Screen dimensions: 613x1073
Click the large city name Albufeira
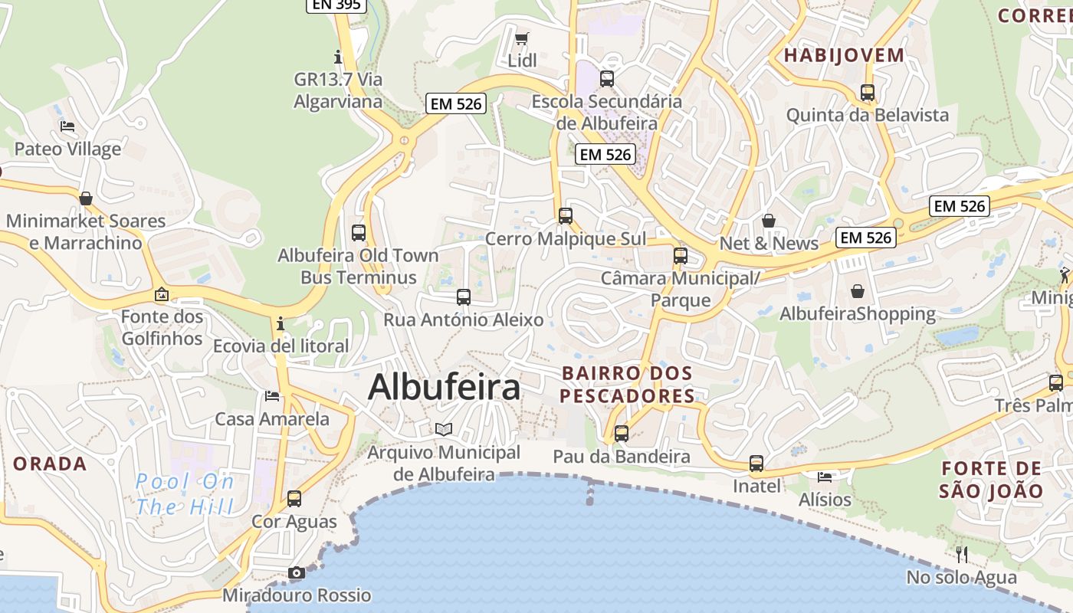point(444,387)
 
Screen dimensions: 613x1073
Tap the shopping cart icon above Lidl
point(522,38)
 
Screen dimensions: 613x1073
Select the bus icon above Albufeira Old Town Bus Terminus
point(358,233)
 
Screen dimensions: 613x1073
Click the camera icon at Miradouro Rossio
point(297,572)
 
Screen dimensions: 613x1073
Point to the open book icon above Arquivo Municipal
point(444,429)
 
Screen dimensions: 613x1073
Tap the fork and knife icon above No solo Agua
point(962,554)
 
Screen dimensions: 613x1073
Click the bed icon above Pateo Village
point(67,126)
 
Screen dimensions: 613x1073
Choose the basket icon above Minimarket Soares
point(85,198)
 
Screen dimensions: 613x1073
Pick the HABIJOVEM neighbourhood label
point(844,55)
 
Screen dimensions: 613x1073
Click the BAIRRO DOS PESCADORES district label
point(628,385)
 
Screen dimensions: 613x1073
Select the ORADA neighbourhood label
point(50,464)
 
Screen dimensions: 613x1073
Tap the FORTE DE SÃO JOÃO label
point(992,480)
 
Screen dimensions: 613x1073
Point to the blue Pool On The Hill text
point(185,494)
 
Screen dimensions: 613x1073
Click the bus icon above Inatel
point(756,464)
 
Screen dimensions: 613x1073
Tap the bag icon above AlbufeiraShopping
point(858,291)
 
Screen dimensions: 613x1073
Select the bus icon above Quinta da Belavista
point(868,93)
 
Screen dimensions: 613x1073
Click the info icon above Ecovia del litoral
point(281,323)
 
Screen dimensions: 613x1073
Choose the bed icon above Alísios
point(825,477)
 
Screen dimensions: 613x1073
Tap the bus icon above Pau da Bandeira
point(622,434)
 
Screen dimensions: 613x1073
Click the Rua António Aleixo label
point(464,320)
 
